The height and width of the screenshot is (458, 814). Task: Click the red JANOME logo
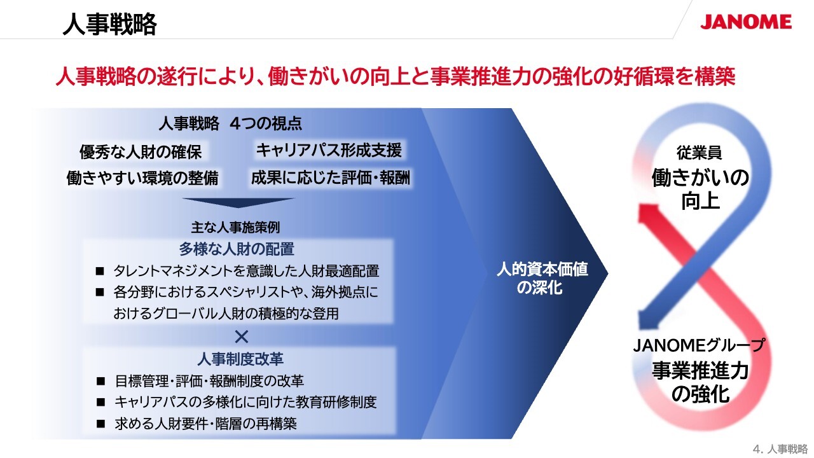[x=746, y=22]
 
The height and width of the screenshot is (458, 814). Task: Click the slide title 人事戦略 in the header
[x=109, y=24]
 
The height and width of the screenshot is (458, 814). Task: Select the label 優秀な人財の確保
[x=141, y=151]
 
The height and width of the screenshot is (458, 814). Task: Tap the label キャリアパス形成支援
[x=329, y=150]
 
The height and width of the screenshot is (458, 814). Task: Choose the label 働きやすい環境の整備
[x=142, y=178]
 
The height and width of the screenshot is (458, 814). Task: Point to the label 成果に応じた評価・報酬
[x=331, y=177]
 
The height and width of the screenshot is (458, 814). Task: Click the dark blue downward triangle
[x=238, y=203]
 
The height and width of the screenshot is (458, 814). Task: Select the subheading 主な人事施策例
[x=235, y=228]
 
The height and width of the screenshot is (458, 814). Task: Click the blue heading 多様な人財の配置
[x=237, y=249]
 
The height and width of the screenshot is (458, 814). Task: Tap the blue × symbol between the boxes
[x=241, y=337]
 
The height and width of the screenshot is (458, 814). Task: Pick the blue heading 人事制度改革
[x=240, y=359]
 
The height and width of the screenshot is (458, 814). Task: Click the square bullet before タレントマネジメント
[x=100, y=271]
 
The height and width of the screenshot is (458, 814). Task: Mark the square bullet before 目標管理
[x=100, y=381]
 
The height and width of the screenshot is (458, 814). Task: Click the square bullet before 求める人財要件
[x=100, y=424]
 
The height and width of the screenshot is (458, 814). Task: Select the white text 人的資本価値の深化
[x=542, y=279]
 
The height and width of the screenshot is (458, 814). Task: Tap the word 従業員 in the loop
[x=699, y=153]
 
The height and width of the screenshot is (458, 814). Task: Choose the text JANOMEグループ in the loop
[x=699, y=345]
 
